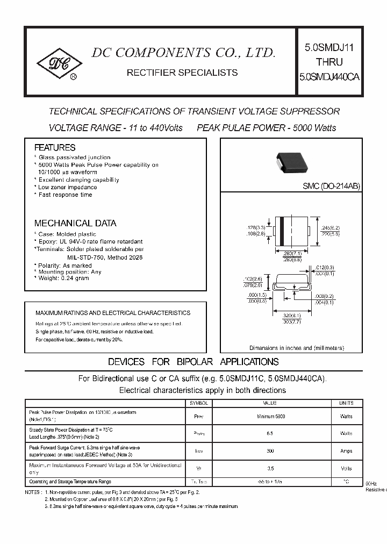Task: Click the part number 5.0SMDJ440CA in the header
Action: click(329, 77)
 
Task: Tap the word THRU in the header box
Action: click(329, 62)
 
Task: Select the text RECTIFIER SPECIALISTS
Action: click(182, 72)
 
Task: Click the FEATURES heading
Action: click(55, 147)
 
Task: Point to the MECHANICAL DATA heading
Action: click(75, 223)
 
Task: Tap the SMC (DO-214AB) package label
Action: click(331, 185)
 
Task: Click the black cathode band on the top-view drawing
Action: click(281, 232)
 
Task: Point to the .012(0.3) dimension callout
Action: click(325, 267)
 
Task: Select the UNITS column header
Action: click(346, 403)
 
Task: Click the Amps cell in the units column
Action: click(346, 451)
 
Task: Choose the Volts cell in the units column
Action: click(346, 468)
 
